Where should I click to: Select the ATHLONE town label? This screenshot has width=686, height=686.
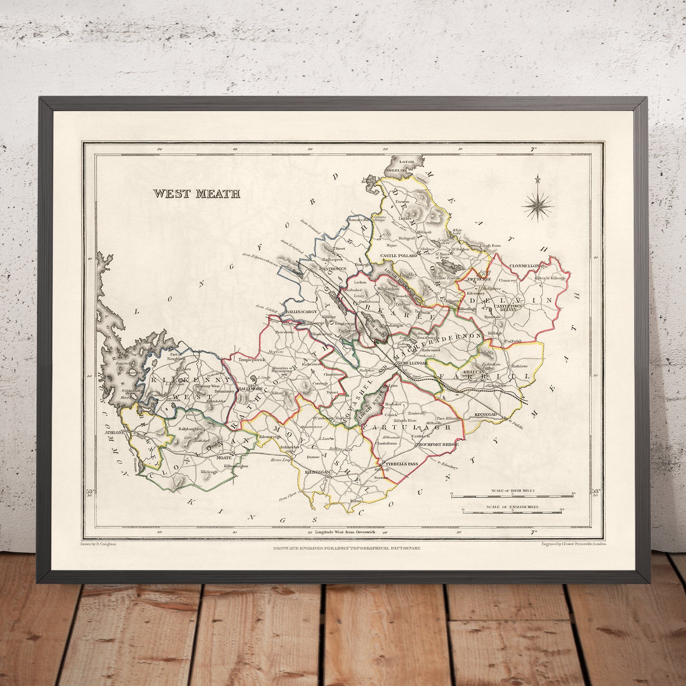pyautogui.click(x=115, y=433)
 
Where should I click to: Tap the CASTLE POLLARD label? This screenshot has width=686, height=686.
pyautogui.click(x=399, y=256)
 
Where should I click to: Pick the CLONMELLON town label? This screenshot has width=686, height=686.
pyautogui.click(x=524, y=266)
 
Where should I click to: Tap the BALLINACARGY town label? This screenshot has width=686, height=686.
pyautogui.click(x=302, y=312)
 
